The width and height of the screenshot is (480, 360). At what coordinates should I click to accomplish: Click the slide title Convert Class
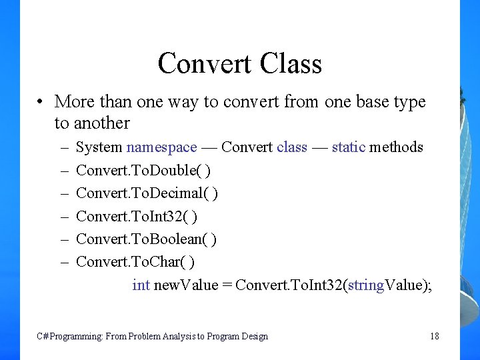tap(240, 63)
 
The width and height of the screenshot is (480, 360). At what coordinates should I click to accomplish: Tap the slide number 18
tap(435, 336)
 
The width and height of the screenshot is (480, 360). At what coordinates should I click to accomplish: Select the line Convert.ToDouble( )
tap(143, 170)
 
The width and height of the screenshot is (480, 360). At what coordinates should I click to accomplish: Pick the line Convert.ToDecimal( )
tap(147, 193)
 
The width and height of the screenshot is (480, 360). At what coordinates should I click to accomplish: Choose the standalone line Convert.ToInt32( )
tap(137, 216)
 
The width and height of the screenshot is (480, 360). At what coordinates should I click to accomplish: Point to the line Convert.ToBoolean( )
tap(146, 239)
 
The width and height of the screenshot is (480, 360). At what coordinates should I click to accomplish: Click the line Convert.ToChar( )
tap(135, 261)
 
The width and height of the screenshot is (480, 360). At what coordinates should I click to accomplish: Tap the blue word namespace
tap(162, 147)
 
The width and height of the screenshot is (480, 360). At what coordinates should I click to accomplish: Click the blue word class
tap(292, 147)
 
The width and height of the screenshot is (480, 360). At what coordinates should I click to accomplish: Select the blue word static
tap(349, 147)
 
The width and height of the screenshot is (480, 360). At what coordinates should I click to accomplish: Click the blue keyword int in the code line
tap(141, 285)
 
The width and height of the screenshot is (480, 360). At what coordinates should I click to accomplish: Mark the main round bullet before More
tap(41, 102)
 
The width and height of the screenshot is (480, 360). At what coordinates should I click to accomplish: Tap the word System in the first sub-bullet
tap(99, 147)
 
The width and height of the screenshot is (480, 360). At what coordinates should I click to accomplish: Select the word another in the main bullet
tap(101, 123)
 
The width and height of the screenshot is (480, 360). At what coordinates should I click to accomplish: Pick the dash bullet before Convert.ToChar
tap(65, 261)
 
